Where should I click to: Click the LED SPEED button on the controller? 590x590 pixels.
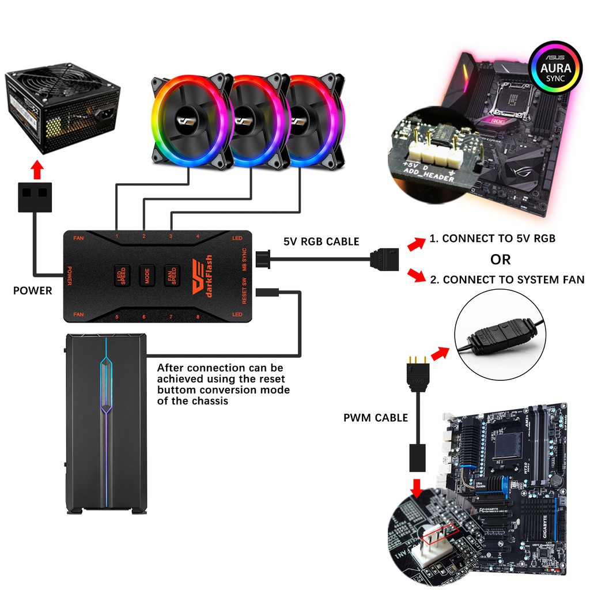(x=121, y=275)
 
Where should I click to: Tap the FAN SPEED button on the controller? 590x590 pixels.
(x=171, y=275)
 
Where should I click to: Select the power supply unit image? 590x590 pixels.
(x=62, y=110)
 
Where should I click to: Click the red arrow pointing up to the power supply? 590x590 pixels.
(x=37, y=170)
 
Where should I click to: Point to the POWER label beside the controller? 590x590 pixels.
(x=32, y=291)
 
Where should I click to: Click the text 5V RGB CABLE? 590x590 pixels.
(x=321, y=241)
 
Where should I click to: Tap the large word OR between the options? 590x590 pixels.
(x=500, y=259)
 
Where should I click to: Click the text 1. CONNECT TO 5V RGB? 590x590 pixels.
(x=492, y=238)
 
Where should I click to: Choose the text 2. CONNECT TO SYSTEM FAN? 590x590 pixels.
(x=507, y=280)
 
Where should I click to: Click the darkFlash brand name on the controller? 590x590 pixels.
(x=209, y=276)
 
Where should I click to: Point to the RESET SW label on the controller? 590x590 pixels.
(x=244, y=290)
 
